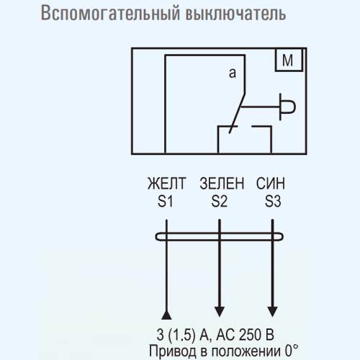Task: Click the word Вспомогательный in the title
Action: tap(110, 13)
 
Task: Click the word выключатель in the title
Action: tap(236, 13)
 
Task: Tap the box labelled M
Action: tap(289, 60)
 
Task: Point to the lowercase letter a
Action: tap(233, 73)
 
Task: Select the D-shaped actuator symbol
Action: tap(288, 107)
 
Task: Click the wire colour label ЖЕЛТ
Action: tap(167, 184)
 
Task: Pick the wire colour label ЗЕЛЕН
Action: tap(222, 184)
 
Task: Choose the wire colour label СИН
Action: tap(271, 184)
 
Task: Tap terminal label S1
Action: tap(166, 201)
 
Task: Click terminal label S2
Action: tap(219, 201)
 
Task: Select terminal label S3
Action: tap(273, 201)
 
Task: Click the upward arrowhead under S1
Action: tap(166, 315)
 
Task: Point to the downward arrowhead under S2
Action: tap(220, 312)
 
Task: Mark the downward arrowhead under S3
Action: tap(272, 312)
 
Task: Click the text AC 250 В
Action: tap(245, 334)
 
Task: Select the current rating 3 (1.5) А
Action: tap(183, 335)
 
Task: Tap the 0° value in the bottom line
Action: tap(292, 351)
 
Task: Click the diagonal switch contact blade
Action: tap(237, 113)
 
